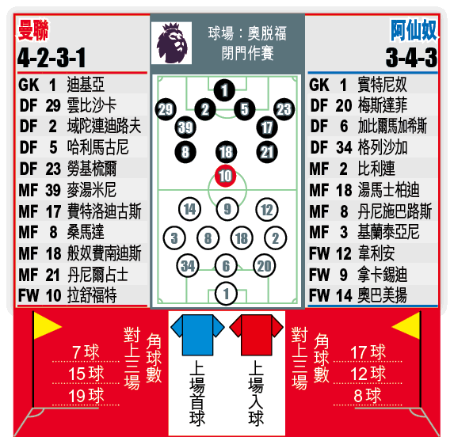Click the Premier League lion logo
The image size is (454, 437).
click(171, 43)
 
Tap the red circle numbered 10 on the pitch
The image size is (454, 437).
click(225, 176)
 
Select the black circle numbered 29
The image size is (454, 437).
click(166, 109)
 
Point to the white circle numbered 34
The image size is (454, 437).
click(188, 266)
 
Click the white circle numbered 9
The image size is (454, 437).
click(227, 209)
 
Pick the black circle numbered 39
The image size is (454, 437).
click(185, 127)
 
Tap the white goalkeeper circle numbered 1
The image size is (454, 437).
click(226, 294)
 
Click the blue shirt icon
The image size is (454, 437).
click(197, 335)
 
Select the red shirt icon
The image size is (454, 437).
click(256, 335)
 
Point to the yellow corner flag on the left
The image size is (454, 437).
click(46, 326)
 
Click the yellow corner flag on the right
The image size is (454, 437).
click(406, 326)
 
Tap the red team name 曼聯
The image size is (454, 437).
click(33, 30)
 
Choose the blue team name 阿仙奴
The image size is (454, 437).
click(414, 30)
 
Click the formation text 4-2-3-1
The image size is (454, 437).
click(52, 58)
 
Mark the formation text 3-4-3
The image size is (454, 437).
click(411, 58)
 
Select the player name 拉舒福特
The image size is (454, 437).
click(92, 295)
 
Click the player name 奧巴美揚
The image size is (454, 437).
click(383, 295)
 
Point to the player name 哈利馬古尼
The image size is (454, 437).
click(98, 147)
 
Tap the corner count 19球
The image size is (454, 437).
click(86, 395)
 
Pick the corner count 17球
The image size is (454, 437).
click(368, 352)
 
